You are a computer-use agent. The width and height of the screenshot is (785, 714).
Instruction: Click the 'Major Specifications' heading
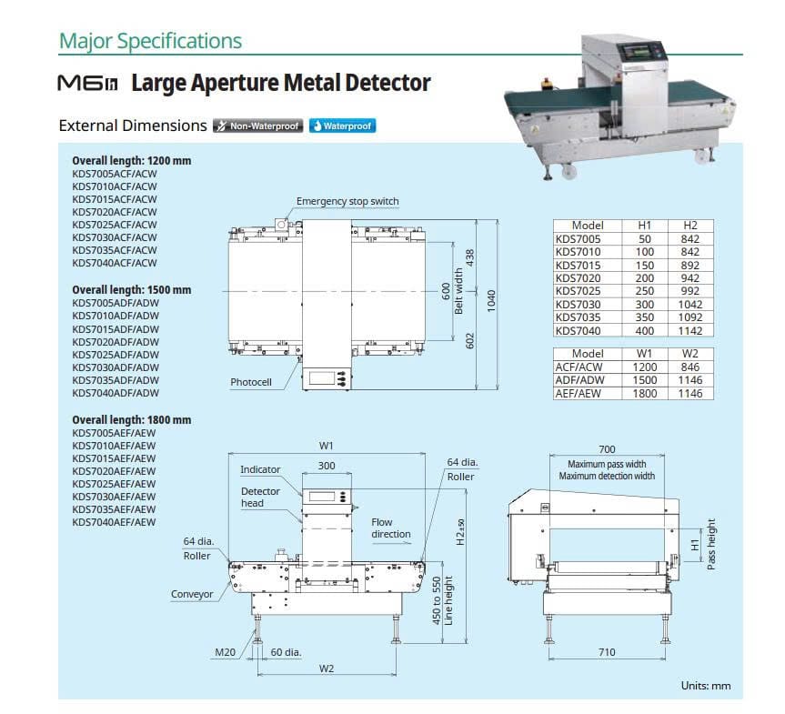[150, 41]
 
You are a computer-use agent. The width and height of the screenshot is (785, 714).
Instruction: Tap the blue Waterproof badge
[342, 126]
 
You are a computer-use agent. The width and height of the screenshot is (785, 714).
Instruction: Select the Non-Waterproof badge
[257, 126]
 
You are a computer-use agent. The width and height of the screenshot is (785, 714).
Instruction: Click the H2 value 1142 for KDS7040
[690, 331]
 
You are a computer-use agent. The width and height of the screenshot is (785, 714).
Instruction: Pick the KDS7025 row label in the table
[578, 291]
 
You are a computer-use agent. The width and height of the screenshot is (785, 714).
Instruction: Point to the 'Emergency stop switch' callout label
[347, 202]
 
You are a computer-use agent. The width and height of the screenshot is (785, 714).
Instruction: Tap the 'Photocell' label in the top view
[251, 383]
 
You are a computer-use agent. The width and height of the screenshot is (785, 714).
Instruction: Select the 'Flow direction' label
[391, 528]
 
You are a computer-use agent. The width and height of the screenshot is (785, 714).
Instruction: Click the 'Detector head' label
[260, 498]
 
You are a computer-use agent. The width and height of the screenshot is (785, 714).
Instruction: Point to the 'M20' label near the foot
[225, 652]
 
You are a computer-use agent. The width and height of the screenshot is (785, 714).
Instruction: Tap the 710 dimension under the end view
[607, 652]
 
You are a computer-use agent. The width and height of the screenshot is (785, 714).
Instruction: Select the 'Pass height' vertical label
[712, 545]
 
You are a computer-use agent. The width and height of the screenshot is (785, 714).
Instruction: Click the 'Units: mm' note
[705, 686]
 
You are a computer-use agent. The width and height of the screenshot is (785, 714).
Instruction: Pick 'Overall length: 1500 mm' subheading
[131, 290]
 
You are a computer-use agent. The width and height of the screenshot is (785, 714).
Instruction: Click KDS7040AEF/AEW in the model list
[114, 522]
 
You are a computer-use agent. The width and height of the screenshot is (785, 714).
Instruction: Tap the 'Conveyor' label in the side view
[192, 595]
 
